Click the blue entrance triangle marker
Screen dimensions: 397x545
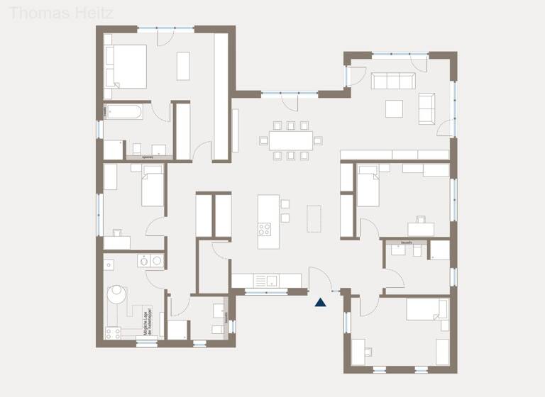click(321, 302)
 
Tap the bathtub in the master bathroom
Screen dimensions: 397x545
click(124, 111)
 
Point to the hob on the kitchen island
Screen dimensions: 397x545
click(265, 229)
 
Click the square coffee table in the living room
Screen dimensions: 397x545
click(395, 108)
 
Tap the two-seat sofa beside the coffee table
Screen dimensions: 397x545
click(427, 108)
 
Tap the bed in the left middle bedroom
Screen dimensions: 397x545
click(153, 189)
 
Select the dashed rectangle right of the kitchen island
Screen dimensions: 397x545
click(314, 218)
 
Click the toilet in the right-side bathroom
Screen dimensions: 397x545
click(416, 252)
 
